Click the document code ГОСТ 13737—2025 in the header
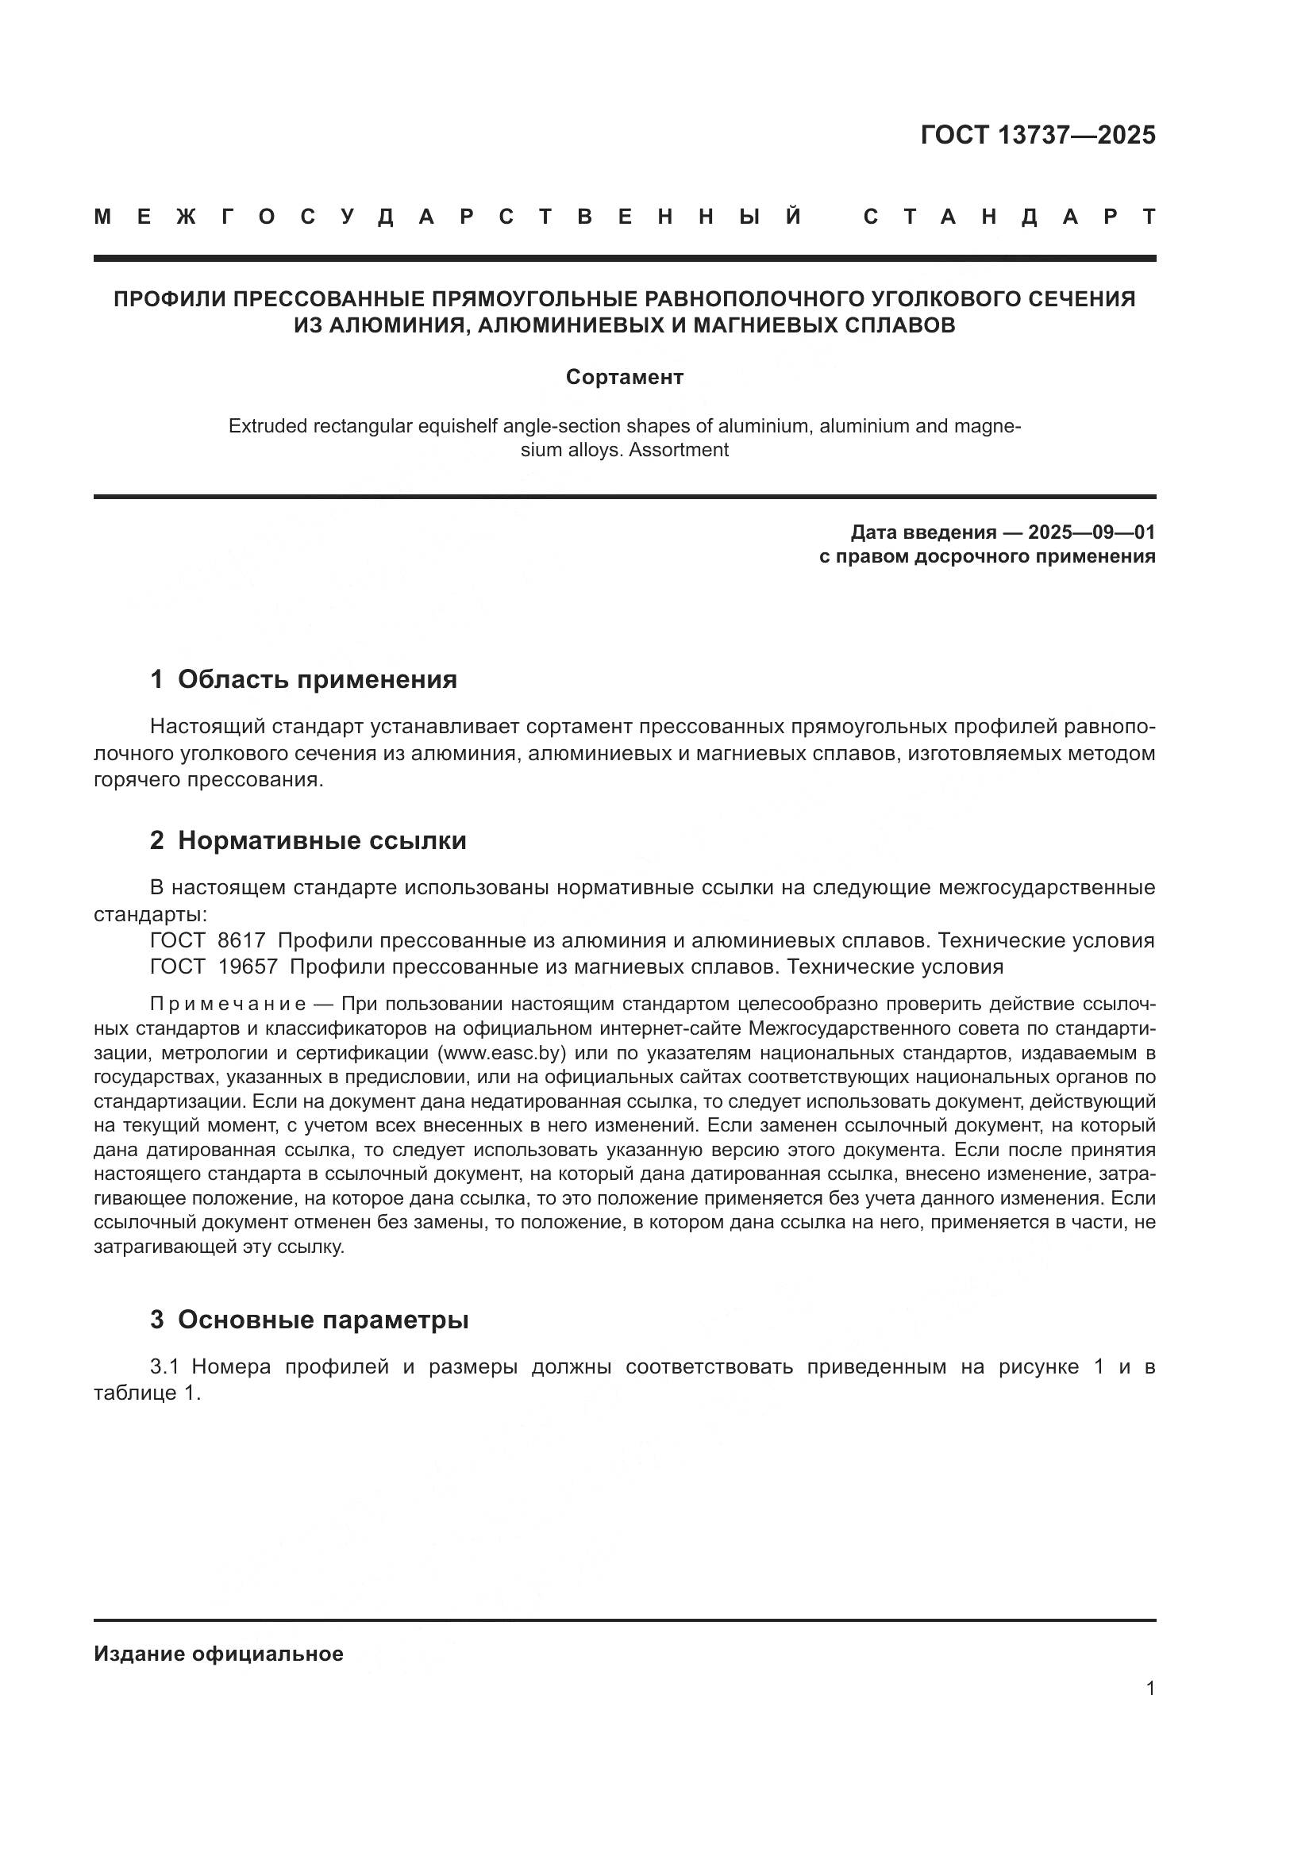tap(1038, 135)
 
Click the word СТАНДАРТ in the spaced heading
tap(1009, 217)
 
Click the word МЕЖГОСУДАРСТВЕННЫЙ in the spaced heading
tap(449, 217)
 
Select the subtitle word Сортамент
tap(624, 378)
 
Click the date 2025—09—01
tap(1092, 532)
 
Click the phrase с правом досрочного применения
tap(987, 556)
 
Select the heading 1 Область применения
tap(304, 679)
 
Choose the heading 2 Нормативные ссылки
tap(308, 840)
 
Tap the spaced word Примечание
tap(228, 1004)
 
